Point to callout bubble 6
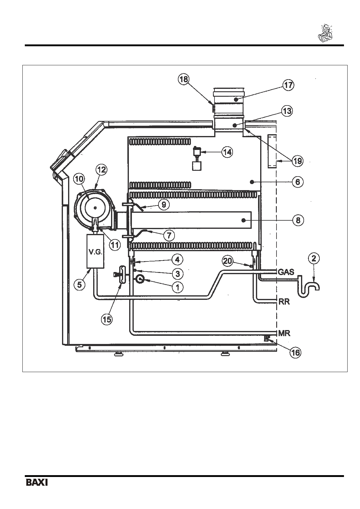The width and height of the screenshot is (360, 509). click(298, 182)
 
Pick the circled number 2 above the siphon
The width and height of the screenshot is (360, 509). click(314, 259)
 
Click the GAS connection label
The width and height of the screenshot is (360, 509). click(286, 272)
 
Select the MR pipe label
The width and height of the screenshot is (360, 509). click(284, 333)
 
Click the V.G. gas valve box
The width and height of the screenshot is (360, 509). click(95, 251)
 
